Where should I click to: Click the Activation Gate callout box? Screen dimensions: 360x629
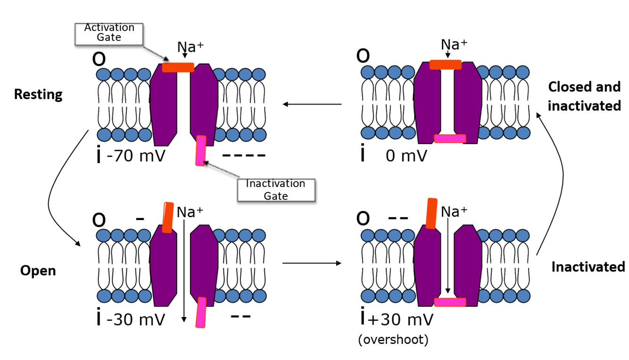coord(109,32)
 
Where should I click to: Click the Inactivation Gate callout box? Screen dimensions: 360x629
coord(275,189)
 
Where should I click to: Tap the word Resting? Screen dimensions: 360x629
coord(38,94)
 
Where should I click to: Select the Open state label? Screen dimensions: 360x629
coord(38,271)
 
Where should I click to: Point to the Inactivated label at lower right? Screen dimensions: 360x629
coord(588,267)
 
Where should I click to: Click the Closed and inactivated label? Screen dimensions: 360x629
coord(584,97)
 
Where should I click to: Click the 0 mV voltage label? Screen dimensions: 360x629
coord(406,155)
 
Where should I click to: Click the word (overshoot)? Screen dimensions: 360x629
coord(393,340)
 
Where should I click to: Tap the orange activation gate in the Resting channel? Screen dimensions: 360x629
coord(178,67)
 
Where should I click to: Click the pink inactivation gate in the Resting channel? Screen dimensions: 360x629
coord(201,150)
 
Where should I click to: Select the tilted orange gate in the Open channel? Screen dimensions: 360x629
coord(167,217)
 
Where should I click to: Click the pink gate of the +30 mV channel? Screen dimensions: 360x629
coord(450,302)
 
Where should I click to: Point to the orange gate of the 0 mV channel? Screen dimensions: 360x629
coord(445,65)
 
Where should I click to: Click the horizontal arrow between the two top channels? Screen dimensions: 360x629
coord(312,104)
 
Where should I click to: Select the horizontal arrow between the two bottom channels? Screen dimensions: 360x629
coord(312,263)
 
